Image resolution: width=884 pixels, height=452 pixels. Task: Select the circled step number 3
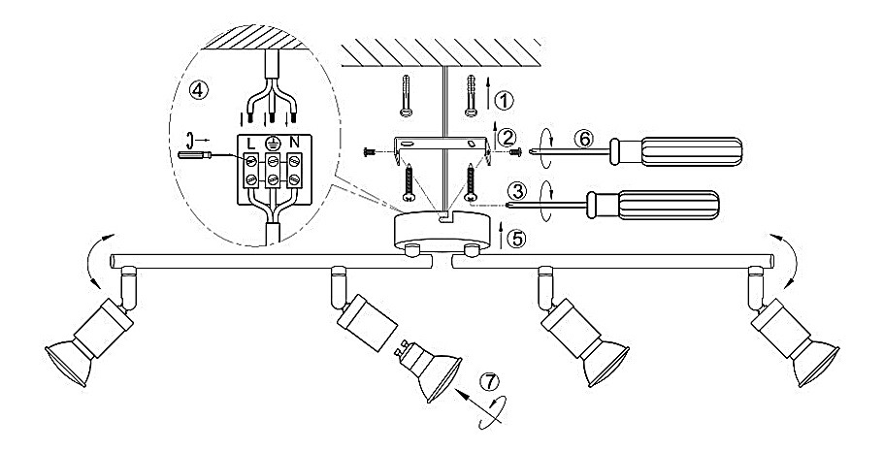click(516, 191)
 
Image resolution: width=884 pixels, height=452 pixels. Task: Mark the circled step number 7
click(489, 381)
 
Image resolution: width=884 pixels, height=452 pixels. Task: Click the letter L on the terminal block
click(250, 144)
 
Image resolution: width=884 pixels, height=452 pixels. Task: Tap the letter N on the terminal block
click(294, 144)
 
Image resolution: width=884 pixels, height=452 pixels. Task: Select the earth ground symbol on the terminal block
click(273, 144)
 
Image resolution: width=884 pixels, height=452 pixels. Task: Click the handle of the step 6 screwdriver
click(676, 151)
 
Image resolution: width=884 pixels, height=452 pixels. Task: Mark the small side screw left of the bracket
click(370, 151)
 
